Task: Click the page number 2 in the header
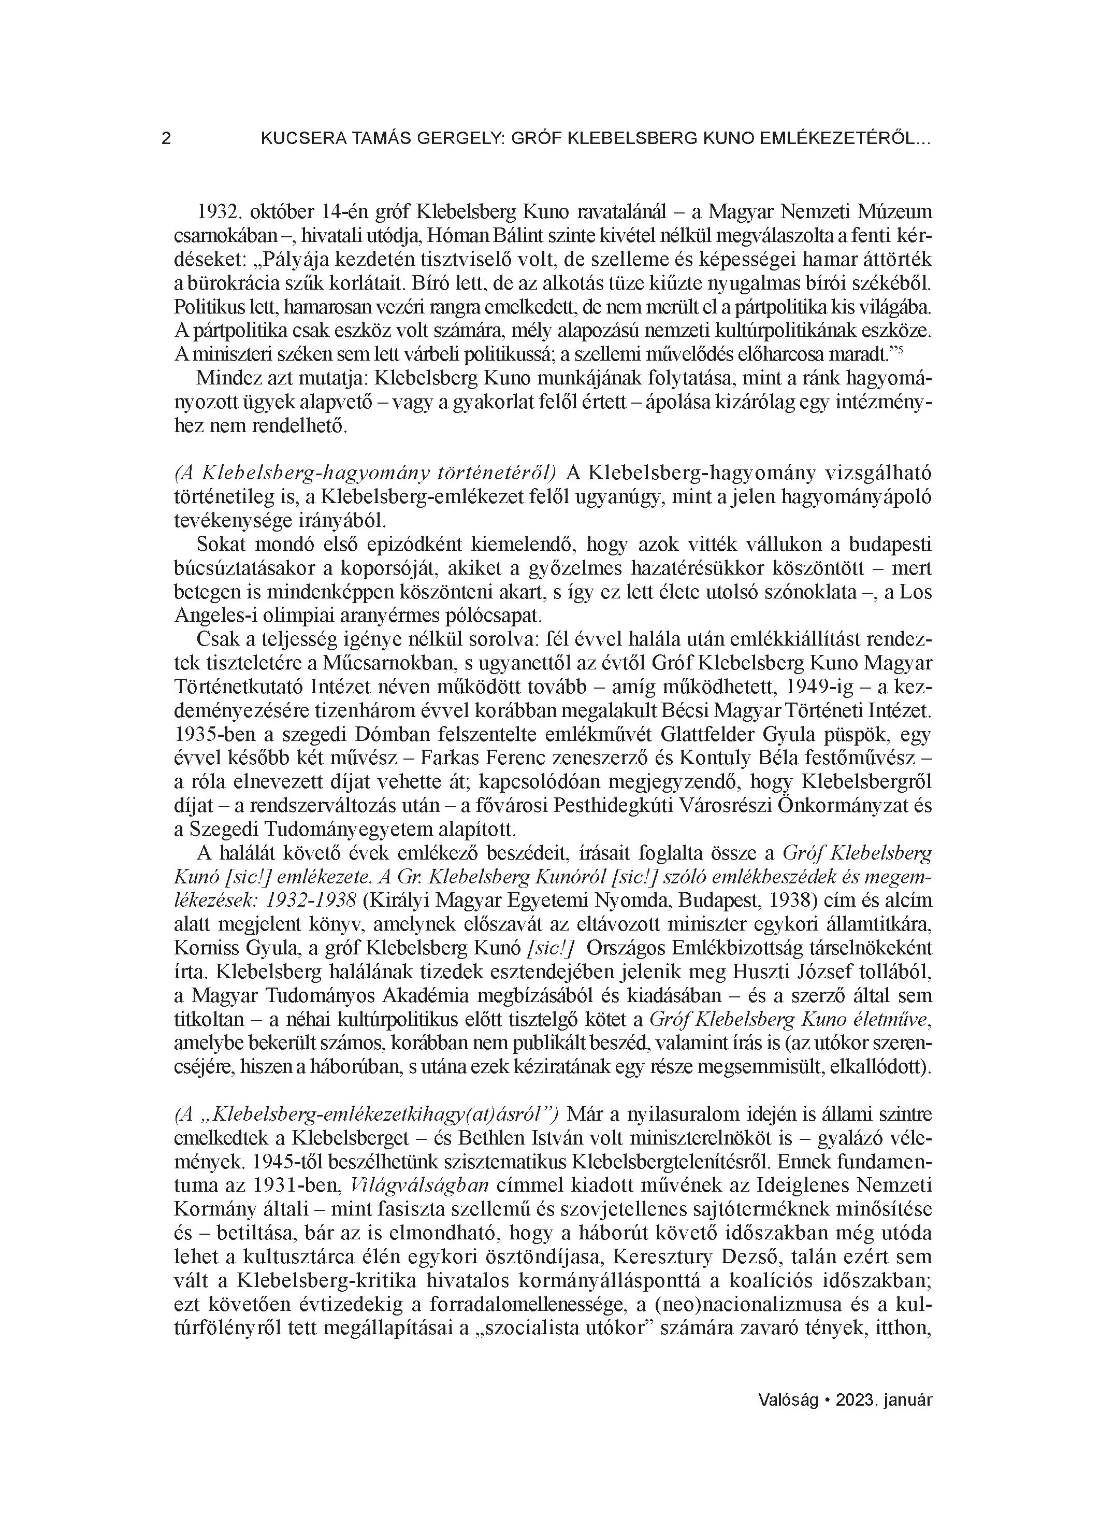point(166,139)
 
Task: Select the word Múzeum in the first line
point(896,212)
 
